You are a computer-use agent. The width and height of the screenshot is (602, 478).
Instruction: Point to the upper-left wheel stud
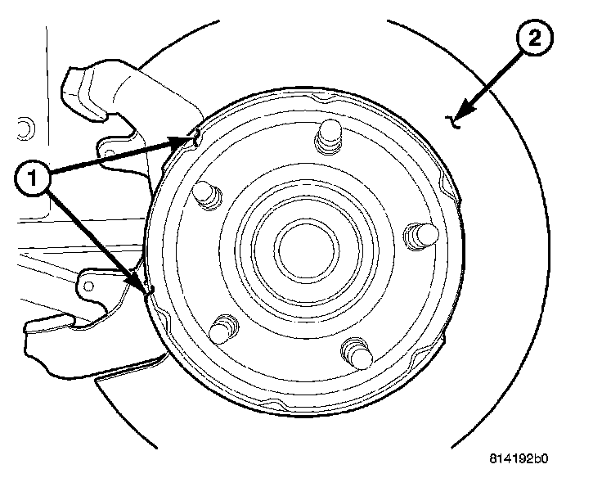click(204, 194)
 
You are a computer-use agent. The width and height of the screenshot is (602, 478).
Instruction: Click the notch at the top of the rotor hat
click(328, 97)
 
